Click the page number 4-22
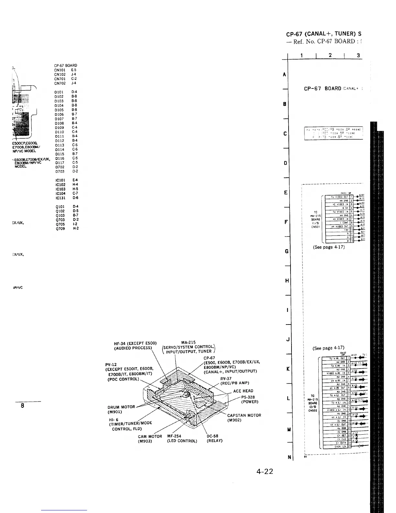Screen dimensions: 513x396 [265, 472]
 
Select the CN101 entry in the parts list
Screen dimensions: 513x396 [60, 70]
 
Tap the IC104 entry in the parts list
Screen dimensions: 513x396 [60, 193]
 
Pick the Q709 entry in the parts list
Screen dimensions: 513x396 [60, 229]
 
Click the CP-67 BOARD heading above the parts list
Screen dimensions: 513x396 [66, 66]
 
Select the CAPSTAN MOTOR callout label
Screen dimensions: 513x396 [244, 416]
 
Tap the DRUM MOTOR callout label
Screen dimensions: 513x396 [121, 407]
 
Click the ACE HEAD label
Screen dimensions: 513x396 [243, 391]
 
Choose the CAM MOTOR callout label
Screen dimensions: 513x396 [150, 436]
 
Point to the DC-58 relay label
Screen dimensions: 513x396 [212, 436]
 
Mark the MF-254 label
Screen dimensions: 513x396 [174, 436]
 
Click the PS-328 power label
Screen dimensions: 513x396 [248, 397]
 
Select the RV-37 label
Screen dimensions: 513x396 [226, 379]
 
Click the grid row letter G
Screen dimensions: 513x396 [286, 251]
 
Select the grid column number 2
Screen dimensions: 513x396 [330, 55]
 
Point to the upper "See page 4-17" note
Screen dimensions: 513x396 [329, 247]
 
